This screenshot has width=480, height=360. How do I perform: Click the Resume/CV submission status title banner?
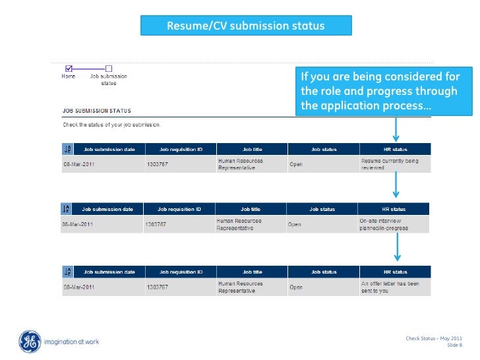[246, 26]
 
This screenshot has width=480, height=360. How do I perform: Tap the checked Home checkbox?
[69, 68]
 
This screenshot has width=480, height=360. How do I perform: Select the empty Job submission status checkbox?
[109, 68]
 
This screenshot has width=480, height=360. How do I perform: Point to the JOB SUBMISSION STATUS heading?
[97, 111]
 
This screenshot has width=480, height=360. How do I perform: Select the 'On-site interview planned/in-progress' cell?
[392, 224]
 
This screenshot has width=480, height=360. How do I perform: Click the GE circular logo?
[30, 342]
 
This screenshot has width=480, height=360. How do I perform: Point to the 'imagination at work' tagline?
[71, 342]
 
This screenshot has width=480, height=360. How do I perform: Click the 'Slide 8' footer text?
[455, 345]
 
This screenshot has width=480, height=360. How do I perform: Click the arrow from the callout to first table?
[396, 129]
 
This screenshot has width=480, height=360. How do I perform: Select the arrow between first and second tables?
[396, 185]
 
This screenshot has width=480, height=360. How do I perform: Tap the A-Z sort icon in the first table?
[67, 150]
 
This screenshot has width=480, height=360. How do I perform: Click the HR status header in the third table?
[396, 272]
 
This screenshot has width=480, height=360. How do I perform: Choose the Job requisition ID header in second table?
[179, 209]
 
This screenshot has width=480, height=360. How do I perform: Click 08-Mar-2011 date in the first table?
[79, 164]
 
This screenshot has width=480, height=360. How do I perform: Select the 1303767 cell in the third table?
[158, 287]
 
